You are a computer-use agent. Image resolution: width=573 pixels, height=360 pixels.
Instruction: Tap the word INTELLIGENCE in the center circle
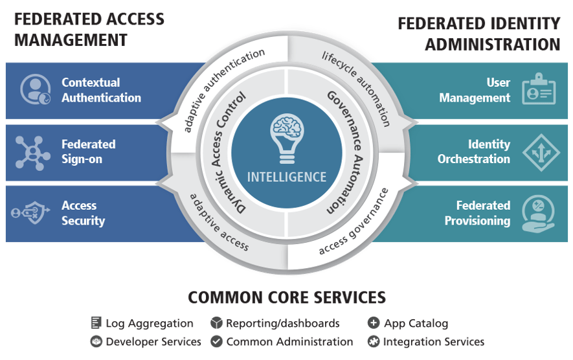coord(287,177)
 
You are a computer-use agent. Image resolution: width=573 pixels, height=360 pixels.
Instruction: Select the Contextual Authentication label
coord(101,90)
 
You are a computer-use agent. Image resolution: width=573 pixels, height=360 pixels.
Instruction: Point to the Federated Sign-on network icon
coord(33,152)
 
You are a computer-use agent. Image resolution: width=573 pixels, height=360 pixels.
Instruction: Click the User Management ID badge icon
coord(539,89)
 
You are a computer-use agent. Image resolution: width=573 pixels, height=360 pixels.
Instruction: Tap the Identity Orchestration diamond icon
coord(539,152)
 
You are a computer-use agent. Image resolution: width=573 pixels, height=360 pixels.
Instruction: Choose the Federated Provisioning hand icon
coord(539,213)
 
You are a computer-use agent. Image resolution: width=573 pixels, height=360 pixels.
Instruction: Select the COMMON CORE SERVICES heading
coord(287,297)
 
